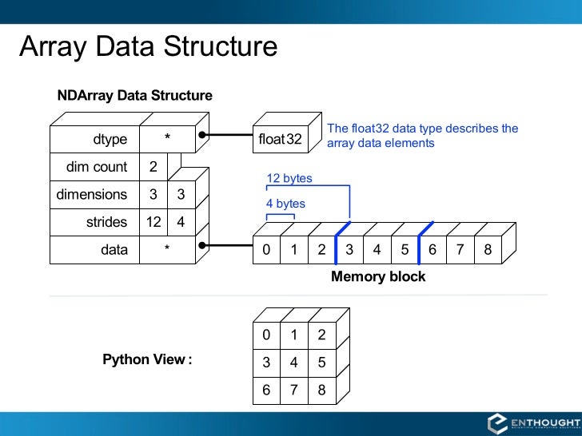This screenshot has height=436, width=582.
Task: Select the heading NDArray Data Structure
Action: pyautogui.click(x=134, y=96)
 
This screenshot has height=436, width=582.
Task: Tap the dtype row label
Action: pyautogui.click(x=110, y=140)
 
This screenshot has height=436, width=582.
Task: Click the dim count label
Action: pyautogui.click(x=97, y=167)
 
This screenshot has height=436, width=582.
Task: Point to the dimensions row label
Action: pyautogui.click(x=91, y=194)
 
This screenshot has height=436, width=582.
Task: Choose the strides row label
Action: pyautogui.click(x=106, y=222)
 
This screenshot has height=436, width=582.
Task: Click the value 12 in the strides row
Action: pyautogui.click(x=153, y=222)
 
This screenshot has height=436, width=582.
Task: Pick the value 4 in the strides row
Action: pyautogui.click(x=181, y=222)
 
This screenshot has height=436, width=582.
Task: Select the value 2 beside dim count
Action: pyautogui.click(x=153, y=167)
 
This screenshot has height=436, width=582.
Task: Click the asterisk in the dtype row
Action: pyautogui.click(x=167, y=140)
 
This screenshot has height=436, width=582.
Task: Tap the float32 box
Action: pyautogui.click(x=280, y=140)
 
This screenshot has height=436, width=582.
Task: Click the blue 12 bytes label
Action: pyautogui.click(x=289, y=178)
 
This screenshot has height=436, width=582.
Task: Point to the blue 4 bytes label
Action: pyautogui.click(x=285, y=204)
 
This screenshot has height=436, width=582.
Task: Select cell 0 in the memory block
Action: pyautogui.click(x=266, y=249)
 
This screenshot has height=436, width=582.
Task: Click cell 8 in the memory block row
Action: pyautogui.click(x=488, y=249)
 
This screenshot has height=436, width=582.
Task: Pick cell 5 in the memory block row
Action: pyautogui.click(x=405, y=249)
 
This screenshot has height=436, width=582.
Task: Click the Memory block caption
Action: pyautogui.click(x=378, y=276)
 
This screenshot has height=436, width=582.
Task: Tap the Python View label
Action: pyautogui.click(x=147, y=359)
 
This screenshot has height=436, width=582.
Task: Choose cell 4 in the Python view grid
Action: pyautogui.click(x=294, y=363)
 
